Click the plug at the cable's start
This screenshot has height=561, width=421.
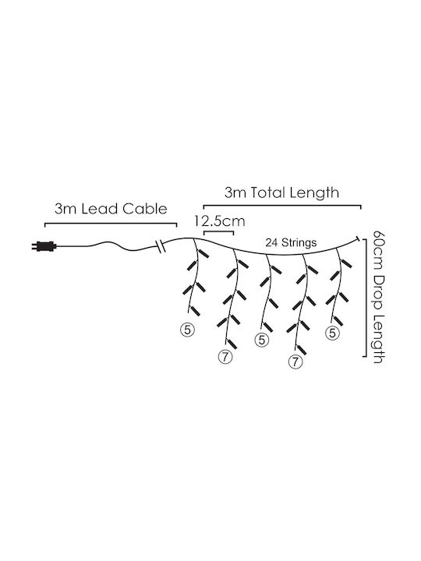[x=44, y=246]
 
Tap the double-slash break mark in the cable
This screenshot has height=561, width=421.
[x=161, y=246]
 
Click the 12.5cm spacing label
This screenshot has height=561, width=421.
[x=220, y=221]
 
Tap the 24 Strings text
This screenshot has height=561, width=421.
[x=291, y=243]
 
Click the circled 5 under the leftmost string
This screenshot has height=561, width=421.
[x=188, y=330]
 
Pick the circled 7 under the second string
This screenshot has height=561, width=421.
[x=225, y=356]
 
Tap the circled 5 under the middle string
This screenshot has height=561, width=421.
[x=262, y=340]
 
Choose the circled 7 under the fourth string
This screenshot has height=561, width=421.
[x=295, y=362]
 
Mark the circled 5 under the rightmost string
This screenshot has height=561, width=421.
[x=332, y=333]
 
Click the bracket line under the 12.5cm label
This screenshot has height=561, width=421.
[x=218, y=232]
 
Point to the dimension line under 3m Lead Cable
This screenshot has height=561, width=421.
[x=111, y=224]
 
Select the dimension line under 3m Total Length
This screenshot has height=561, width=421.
[x=282, y=206]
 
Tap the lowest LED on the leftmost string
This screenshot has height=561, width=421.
[x=194, y=311]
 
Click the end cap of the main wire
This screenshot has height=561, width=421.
[x=358, y=238]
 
